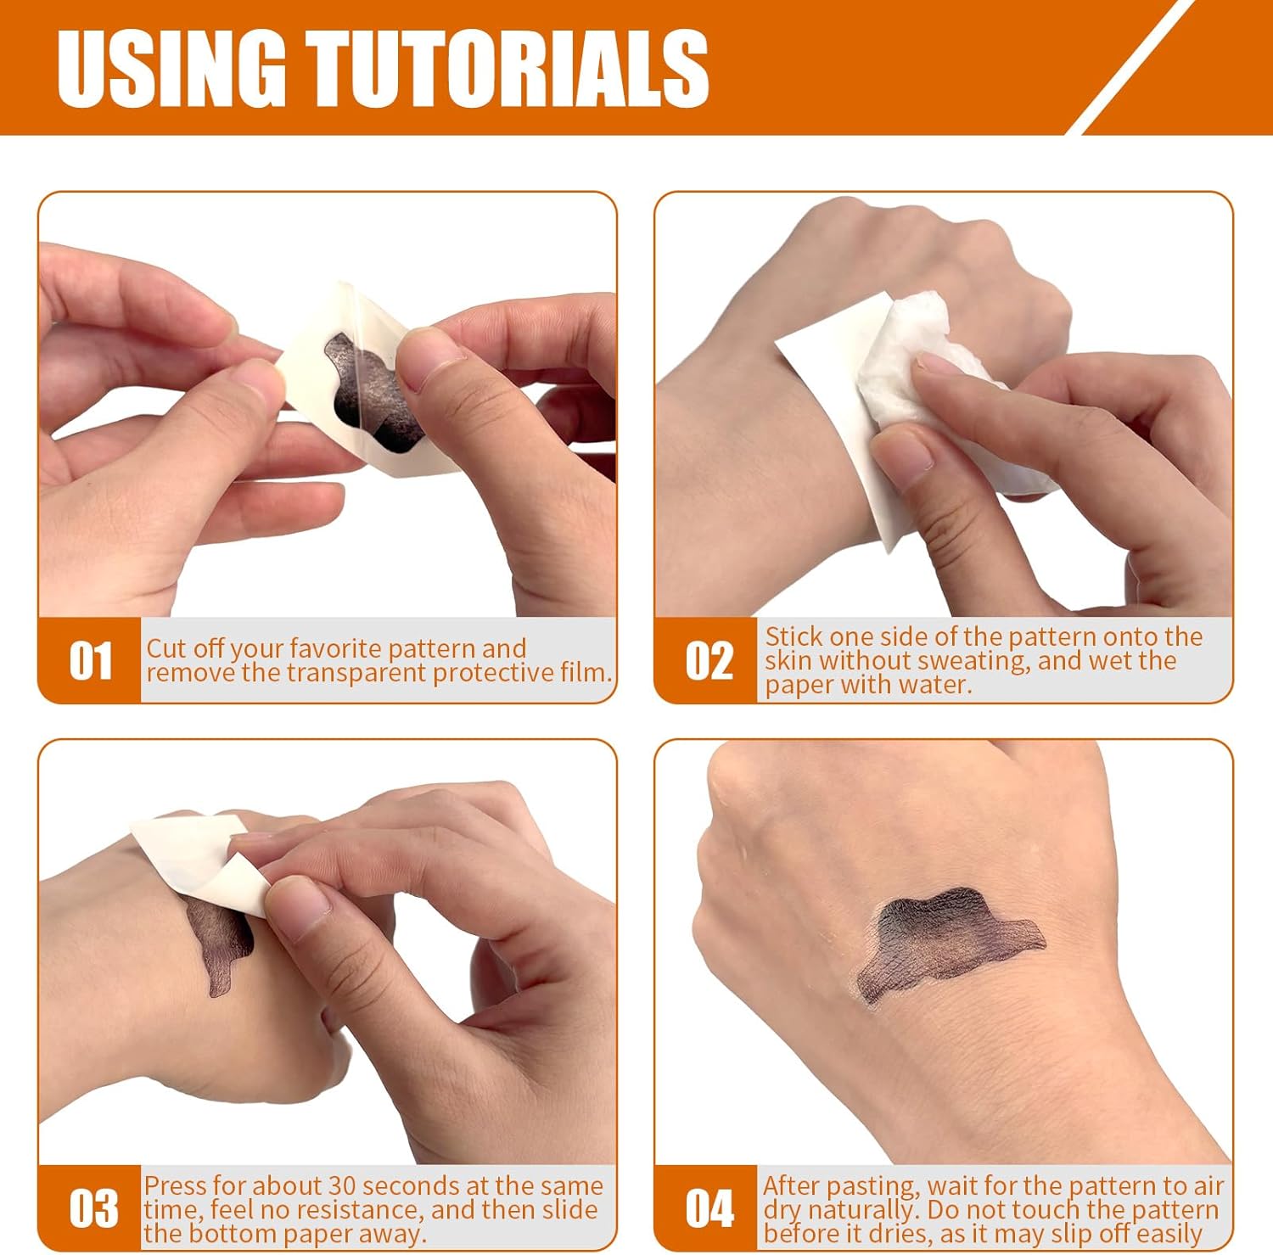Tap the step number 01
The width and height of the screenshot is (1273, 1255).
click(x=90, y=661)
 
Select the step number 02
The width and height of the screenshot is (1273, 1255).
click(x=708, y=661)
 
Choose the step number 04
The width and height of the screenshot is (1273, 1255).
click(x=709, y=1209)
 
